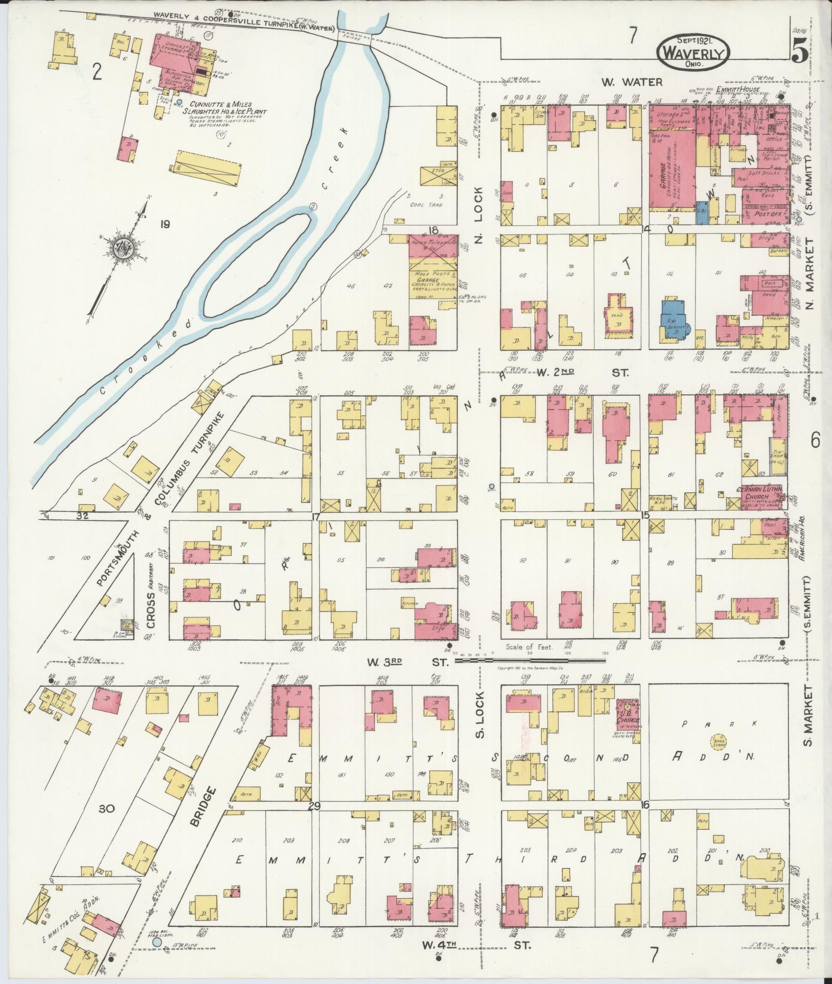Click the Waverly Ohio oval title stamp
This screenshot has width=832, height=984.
[694, 52]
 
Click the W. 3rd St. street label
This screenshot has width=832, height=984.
[407, 662]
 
